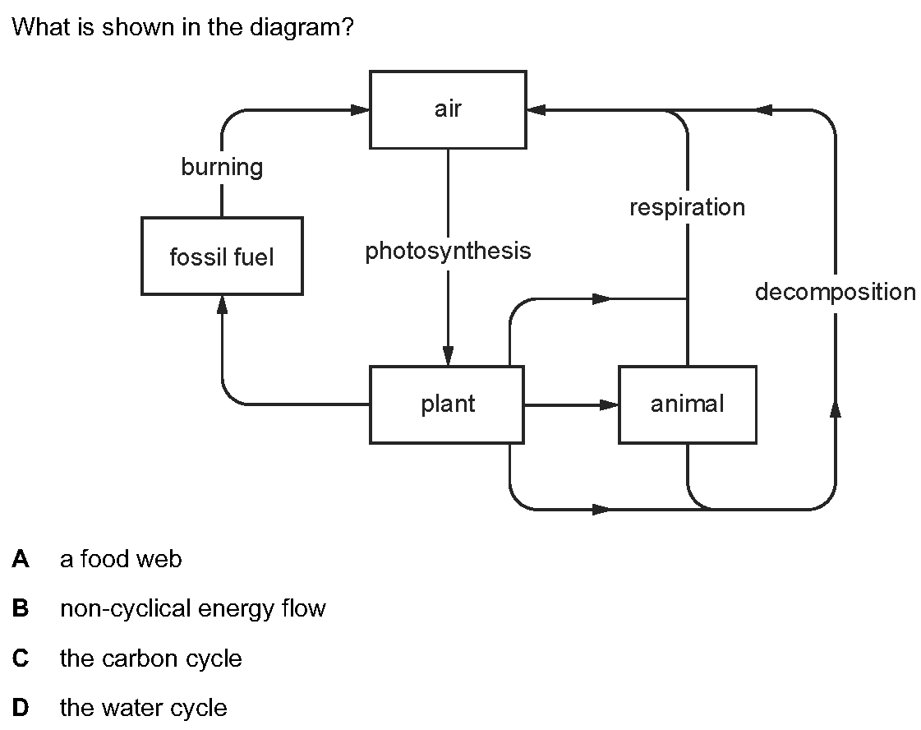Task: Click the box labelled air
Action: [448, 110]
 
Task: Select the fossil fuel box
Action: [222, 256]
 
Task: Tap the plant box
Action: [447, 404]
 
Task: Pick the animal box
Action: [687, 404]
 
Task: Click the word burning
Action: [222, 167]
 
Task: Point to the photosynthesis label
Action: [448, 251]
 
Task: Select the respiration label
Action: [687, 207]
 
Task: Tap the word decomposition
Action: [835, 292]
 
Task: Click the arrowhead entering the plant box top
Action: [448, 356]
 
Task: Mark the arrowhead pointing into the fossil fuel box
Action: [222, 304]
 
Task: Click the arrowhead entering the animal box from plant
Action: [609, 404]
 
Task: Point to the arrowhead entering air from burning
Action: [360, 110]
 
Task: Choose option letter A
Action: [21, 559]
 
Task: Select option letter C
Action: [21, 658]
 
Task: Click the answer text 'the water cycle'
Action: [143, 708]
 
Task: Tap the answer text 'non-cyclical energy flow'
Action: [192, 609]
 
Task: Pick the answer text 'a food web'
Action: [121, 559]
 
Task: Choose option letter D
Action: [21, 708]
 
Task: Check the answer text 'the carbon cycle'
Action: [151, 658]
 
